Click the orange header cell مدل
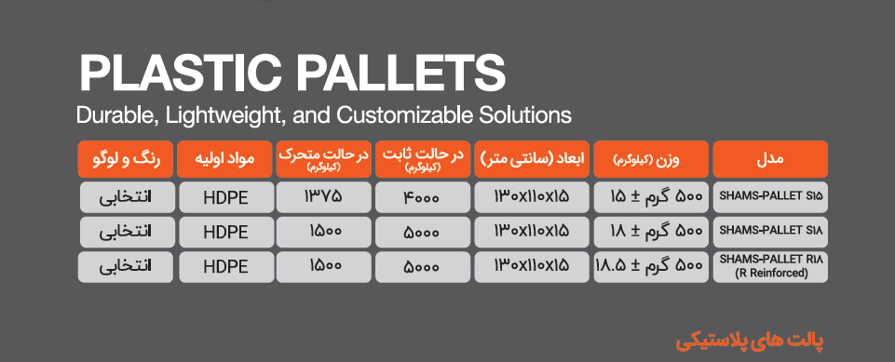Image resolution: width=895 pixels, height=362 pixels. point(770,159)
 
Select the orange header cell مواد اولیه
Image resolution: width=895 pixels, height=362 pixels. point(224,159)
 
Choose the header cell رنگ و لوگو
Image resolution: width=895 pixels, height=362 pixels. point(126,159)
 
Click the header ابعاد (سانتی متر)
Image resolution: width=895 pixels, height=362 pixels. point(532,159)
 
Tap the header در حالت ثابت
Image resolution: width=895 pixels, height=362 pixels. point(423,159)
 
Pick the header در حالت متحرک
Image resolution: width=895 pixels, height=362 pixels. point(324,159)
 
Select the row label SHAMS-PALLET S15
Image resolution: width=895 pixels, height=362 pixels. point(770,196)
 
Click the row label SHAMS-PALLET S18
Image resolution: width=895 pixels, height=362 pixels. point(770,230)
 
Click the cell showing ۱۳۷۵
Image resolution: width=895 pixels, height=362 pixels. point(324,197)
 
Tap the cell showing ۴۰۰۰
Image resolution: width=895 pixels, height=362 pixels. point(423,197)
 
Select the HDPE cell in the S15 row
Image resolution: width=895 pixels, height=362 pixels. point(225,197)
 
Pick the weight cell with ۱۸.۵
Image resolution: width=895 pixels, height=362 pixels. point(651,266)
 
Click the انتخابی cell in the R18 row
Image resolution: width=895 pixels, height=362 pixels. point(126,266)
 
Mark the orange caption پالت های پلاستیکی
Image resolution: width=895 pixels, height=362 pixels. point(750,342)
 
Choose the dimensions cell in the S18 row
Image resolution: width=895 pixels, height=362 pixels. point(532,231)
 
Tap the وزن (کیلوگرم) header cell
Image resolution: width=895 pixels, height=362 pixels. point(651,159)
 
